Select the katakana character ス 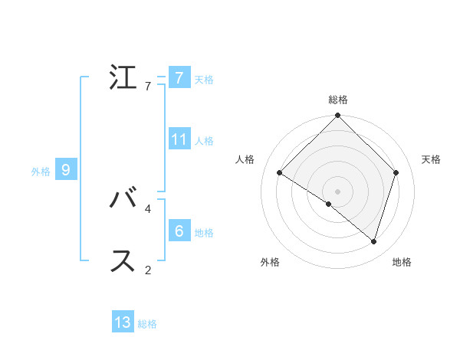pos(123,261)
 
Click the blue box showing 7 pos(179,77)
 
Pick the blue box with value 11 pos(179,139)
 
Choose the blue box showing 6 pos(179,231)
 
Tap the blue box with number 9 pos(66,170)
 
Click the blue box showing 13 pos(123,322)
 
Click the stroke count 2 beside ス pos(148,270)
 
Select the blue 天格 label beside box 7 pos(204,79)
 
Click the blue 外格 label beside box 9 pos(41,172)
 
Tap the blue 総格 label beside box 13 pos(147,324)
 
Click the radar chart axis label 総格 pos(338,100)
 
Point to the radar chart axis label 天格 pos(431,159)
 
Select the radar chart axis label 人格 pos(245,159)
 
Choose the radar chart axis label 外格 pos(270,263)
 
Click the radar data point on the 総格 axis pos(338,116)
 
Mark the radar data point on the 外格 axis pos(329,204)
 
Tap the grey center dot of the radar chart pos(338,191)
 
